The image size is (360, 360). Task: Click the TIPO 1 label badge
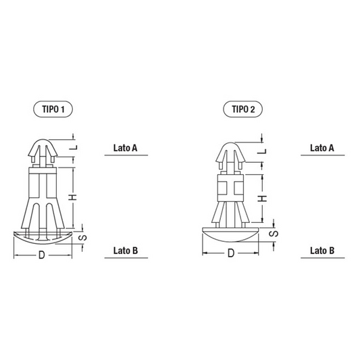[53, 109]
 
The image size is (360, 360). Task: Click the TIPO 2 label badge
[243, 109]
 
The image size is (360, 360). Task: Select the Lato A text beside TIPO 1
[126, 148]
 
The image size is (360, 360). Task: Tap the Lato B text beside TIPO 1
[126, 251]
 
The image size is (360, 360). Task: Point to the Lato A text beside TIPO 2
[322, 148]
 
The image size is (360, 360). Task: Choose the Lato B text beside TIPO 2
[322, 251]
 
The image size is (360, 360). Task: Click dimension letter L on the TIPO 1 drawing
[74, 147]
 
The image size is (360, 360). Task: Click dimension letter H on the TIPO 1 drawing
[73, 197]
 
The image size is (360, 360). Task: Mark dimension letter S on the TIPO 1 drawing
[82, 237]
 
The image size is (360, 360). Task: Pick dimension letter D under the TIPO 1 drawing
[42, 255]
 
